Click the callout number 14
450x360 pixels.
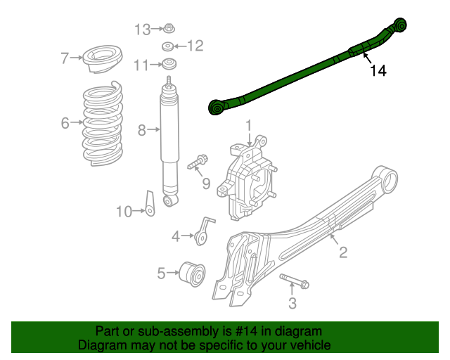pos(378,70)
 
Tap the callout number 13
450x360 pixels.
pos(143,29)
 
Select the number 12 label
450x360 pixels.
pos(194,46)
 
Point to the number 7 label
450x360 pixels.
pos(65,58)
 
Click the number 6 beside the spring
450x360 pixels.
pos(65,124)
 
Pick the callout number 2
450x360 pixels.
pos(343,252)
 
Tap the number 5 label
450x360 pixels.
pos(161,274)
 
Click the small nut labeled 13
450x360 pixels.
pos(169,29)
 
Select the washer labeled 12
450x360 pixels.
pos(169,47)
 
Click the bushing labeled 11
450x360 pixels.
pos(169,65)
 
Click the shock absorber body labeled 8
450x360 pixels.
pos(169,141)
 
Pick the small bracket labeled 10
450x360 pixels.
pos(150,203)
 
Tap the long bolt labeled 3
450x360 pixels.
pos(293,281)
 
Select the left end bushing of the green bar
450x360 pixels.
pos(217,108)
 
